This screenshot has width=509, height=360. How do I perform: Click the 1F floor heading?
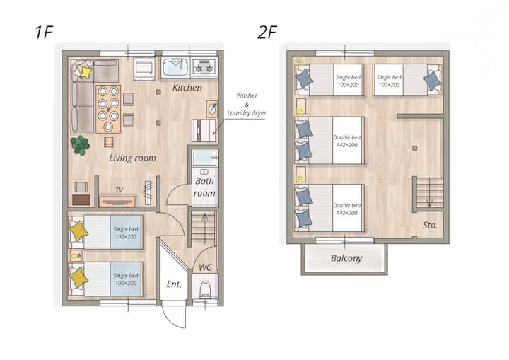pyautogui.click(x=44, y=32)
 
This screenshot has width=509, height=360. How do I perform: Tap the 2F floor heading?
pyautogui.click(x=267, y=32)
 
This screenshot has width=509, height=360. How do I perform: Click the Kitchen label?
pyautogui.click(x=187, y=88)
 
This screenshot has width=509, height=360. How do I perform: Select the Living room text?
pyautogui.click(x=132, y=158)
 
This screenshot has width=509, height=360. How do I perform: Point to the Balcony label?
pyautogui.click(x=346, y=259)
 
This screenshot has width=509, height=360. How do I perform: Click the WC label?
pyautogui.click(x=205, y=267)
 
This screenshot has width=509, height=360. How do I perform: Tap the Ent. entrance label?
pyautogui.click(x=174, y=284)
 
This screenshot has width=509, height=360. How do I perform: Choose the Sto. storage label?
pyautogui.click(x=430, y=225)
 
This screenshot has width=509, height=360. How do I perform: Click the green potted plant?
pyautogui.click(x=80, y=145)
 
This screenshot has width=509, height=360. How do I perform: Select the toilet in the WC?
pyautogui.click(x=205, y=289)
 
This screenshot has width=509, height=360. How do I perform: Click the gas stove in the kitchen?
pyautogui.click(x=204, y=66)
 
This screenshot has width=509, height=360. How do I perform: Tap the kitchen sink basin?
pyautogui.click(x=175, y=67)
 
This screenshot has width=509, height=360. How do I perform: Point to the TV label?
pyautogui.click(x=119, y=190)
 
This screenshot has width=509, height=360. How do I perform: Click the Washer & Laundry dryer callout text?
pyautogui.click(x=247, y=104)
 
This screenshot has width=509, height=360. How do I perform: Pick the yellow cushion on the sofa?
pyautogui.click(x=86, y=72)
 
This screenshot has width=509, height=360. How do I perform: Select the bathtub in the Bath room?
pyautogui.click(x=204, y=158)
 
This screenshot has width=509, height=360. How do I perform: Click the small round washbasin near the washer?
pyautogui.click(x=212, y=109)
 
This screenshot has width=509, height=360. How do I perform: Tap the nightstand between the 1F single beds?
pyautogui.click(x=76, y=256)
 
